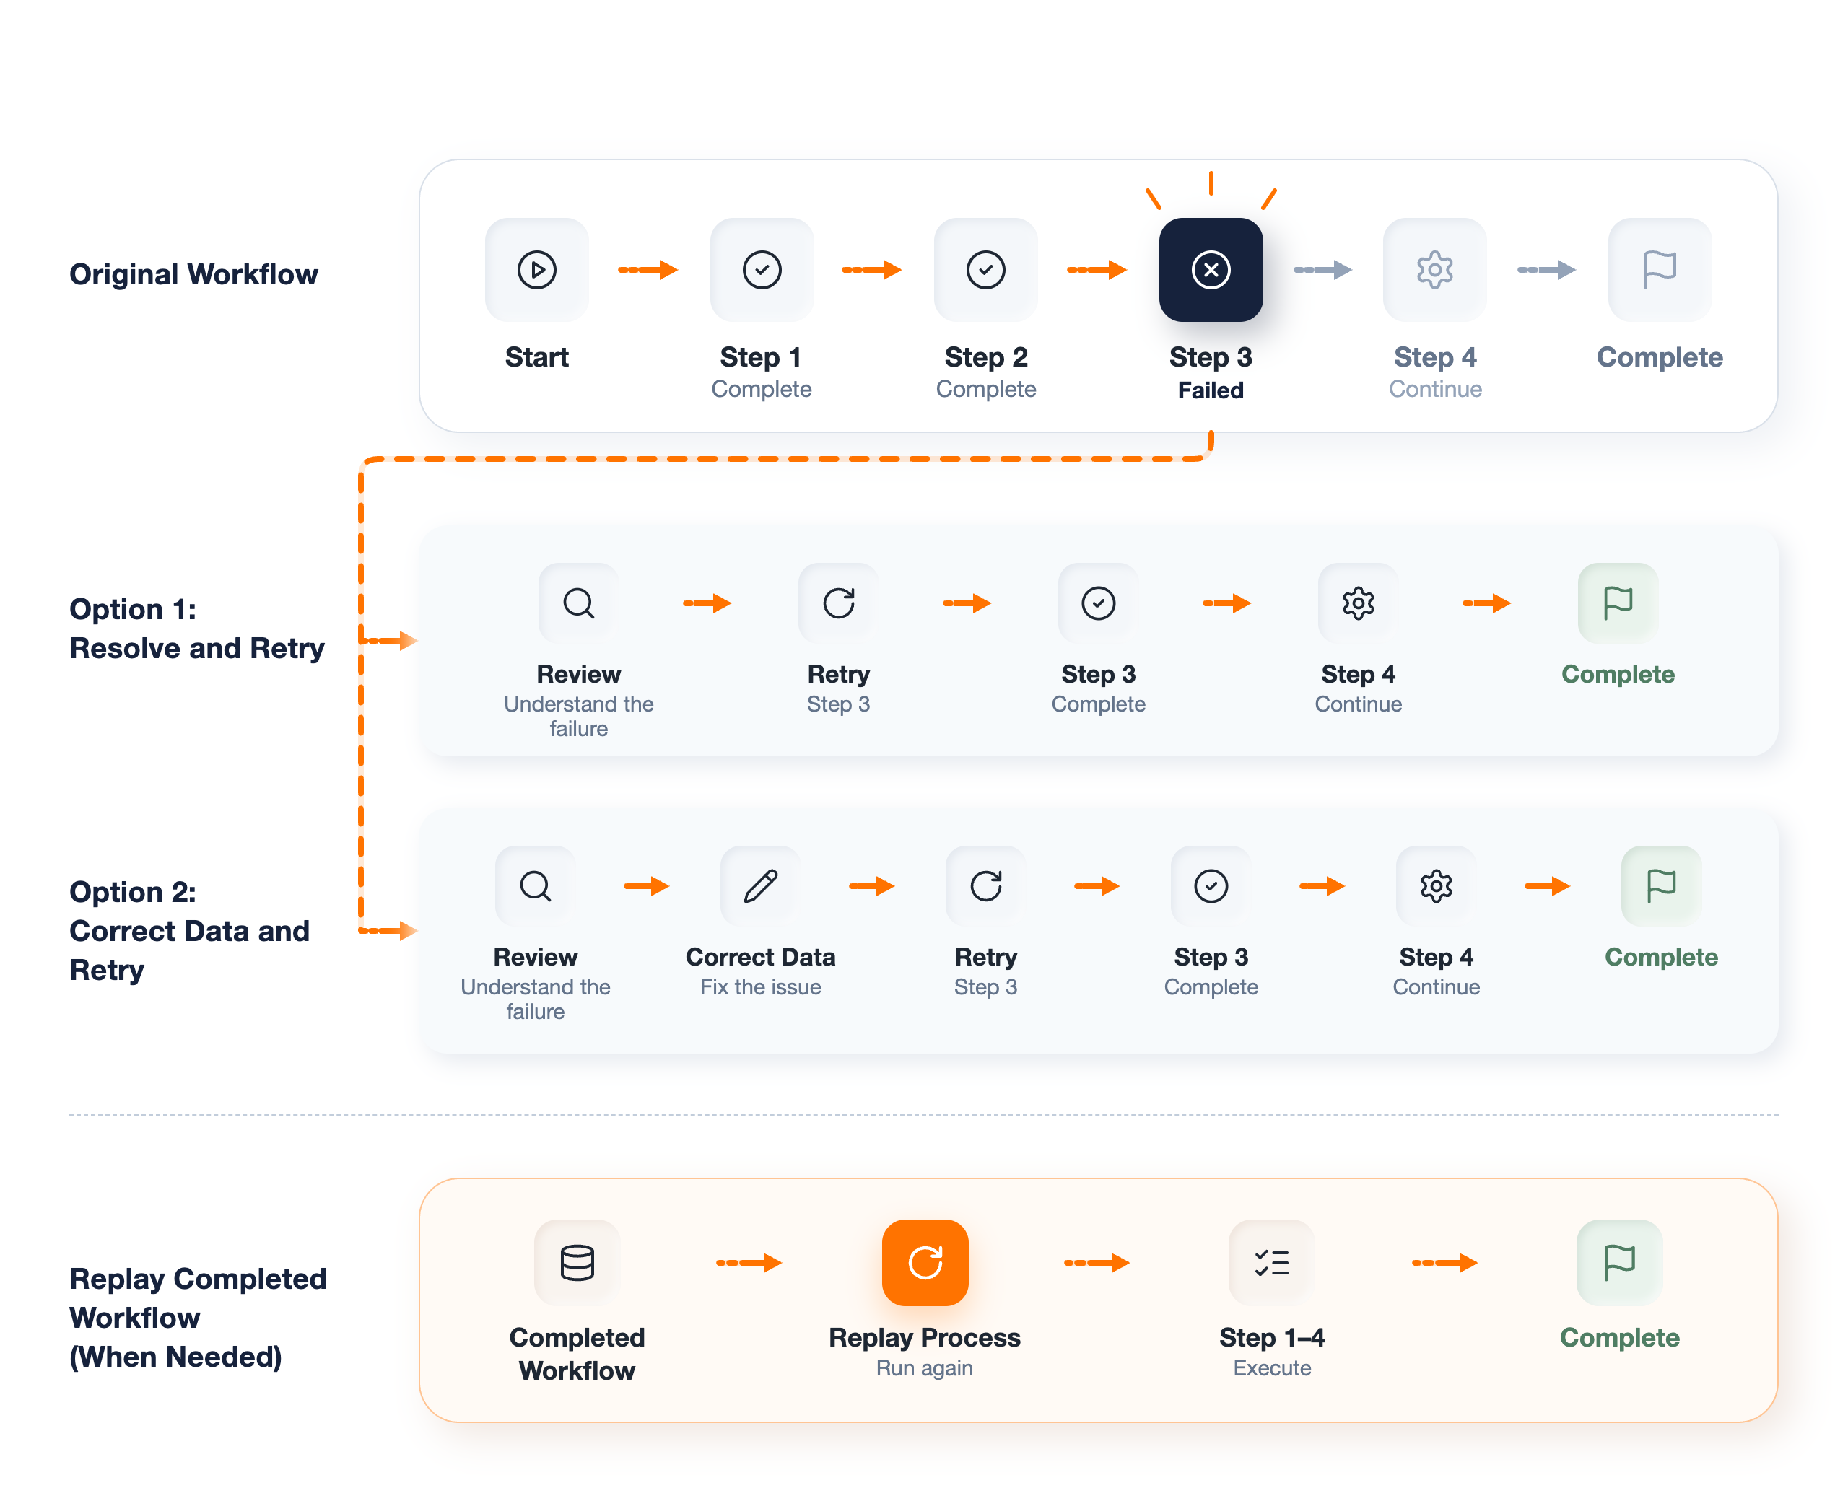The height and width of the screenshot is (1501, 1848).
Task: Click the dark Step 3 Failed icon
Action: pos(1210,270)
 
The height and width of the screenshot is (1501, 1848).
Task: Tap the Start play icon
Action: pos(536,270)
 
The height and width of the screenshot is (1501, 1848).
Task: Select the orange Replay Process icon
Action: pos(925,1261)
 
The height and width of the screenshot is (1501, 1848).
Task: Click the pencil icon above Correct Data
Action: pos(760,885)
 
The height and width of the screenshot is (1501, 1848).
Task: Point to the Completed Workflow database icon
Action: pos(577,1261)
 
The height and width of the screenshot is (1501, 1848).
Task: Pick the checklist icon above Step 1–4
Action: pos(1271,1261)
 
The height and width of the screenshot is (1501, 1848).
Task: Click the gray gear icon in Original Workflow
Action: pos(1434,270)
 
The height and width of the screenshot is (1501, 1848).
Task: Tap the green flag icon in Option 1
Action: pos(1617,603)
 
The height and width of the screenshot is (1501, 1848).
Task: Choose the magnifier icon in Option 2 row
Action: pos(536,885)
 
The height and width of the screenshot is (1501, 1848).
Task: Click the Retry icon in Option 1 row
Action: pos(838,603)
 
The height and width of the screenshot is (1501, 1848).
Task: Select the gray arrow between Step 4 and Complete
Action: pos(1546,270)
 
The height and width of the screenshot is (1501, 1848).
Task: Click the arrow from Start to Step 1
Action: pos(648,270)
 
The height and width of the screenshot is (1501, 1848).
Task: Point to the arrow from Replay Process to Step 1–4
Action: pos(1097,1262)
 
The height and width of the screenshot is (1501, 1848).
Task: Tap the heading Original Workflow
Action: pos(193,274)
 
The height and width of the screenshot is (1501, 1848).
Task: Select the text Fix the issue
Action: pos(760,986)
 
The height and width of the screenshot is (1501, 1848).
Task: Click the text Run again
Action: pos(925,1367)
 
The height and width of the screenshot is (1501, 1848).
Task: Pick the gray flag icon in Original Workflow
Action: pos(1659,270)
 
